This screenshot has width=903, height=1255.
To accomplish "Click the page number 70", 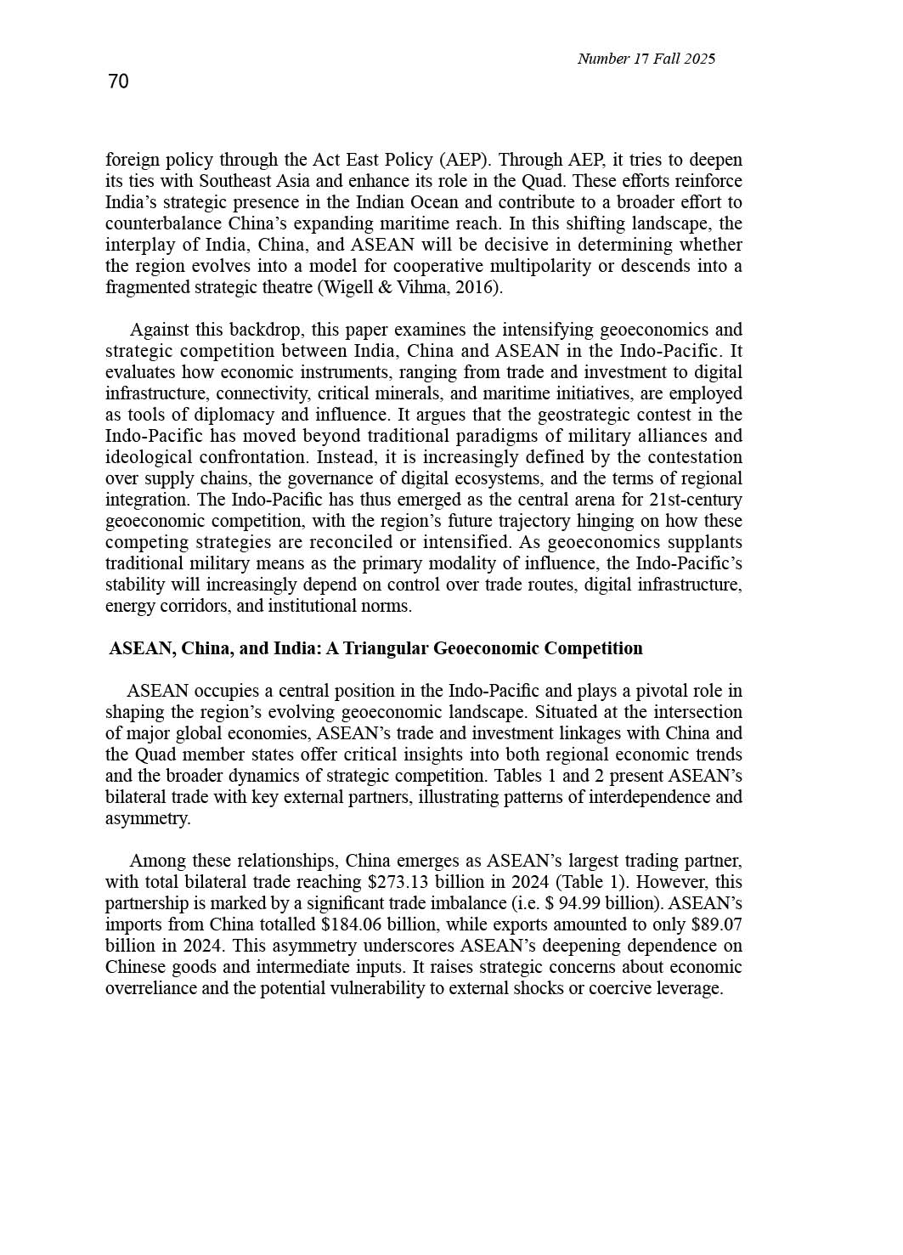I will [x=118, y=82].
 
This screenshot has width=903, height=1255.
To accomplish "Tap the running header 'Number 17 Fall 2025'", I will [x=646, y=59].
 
